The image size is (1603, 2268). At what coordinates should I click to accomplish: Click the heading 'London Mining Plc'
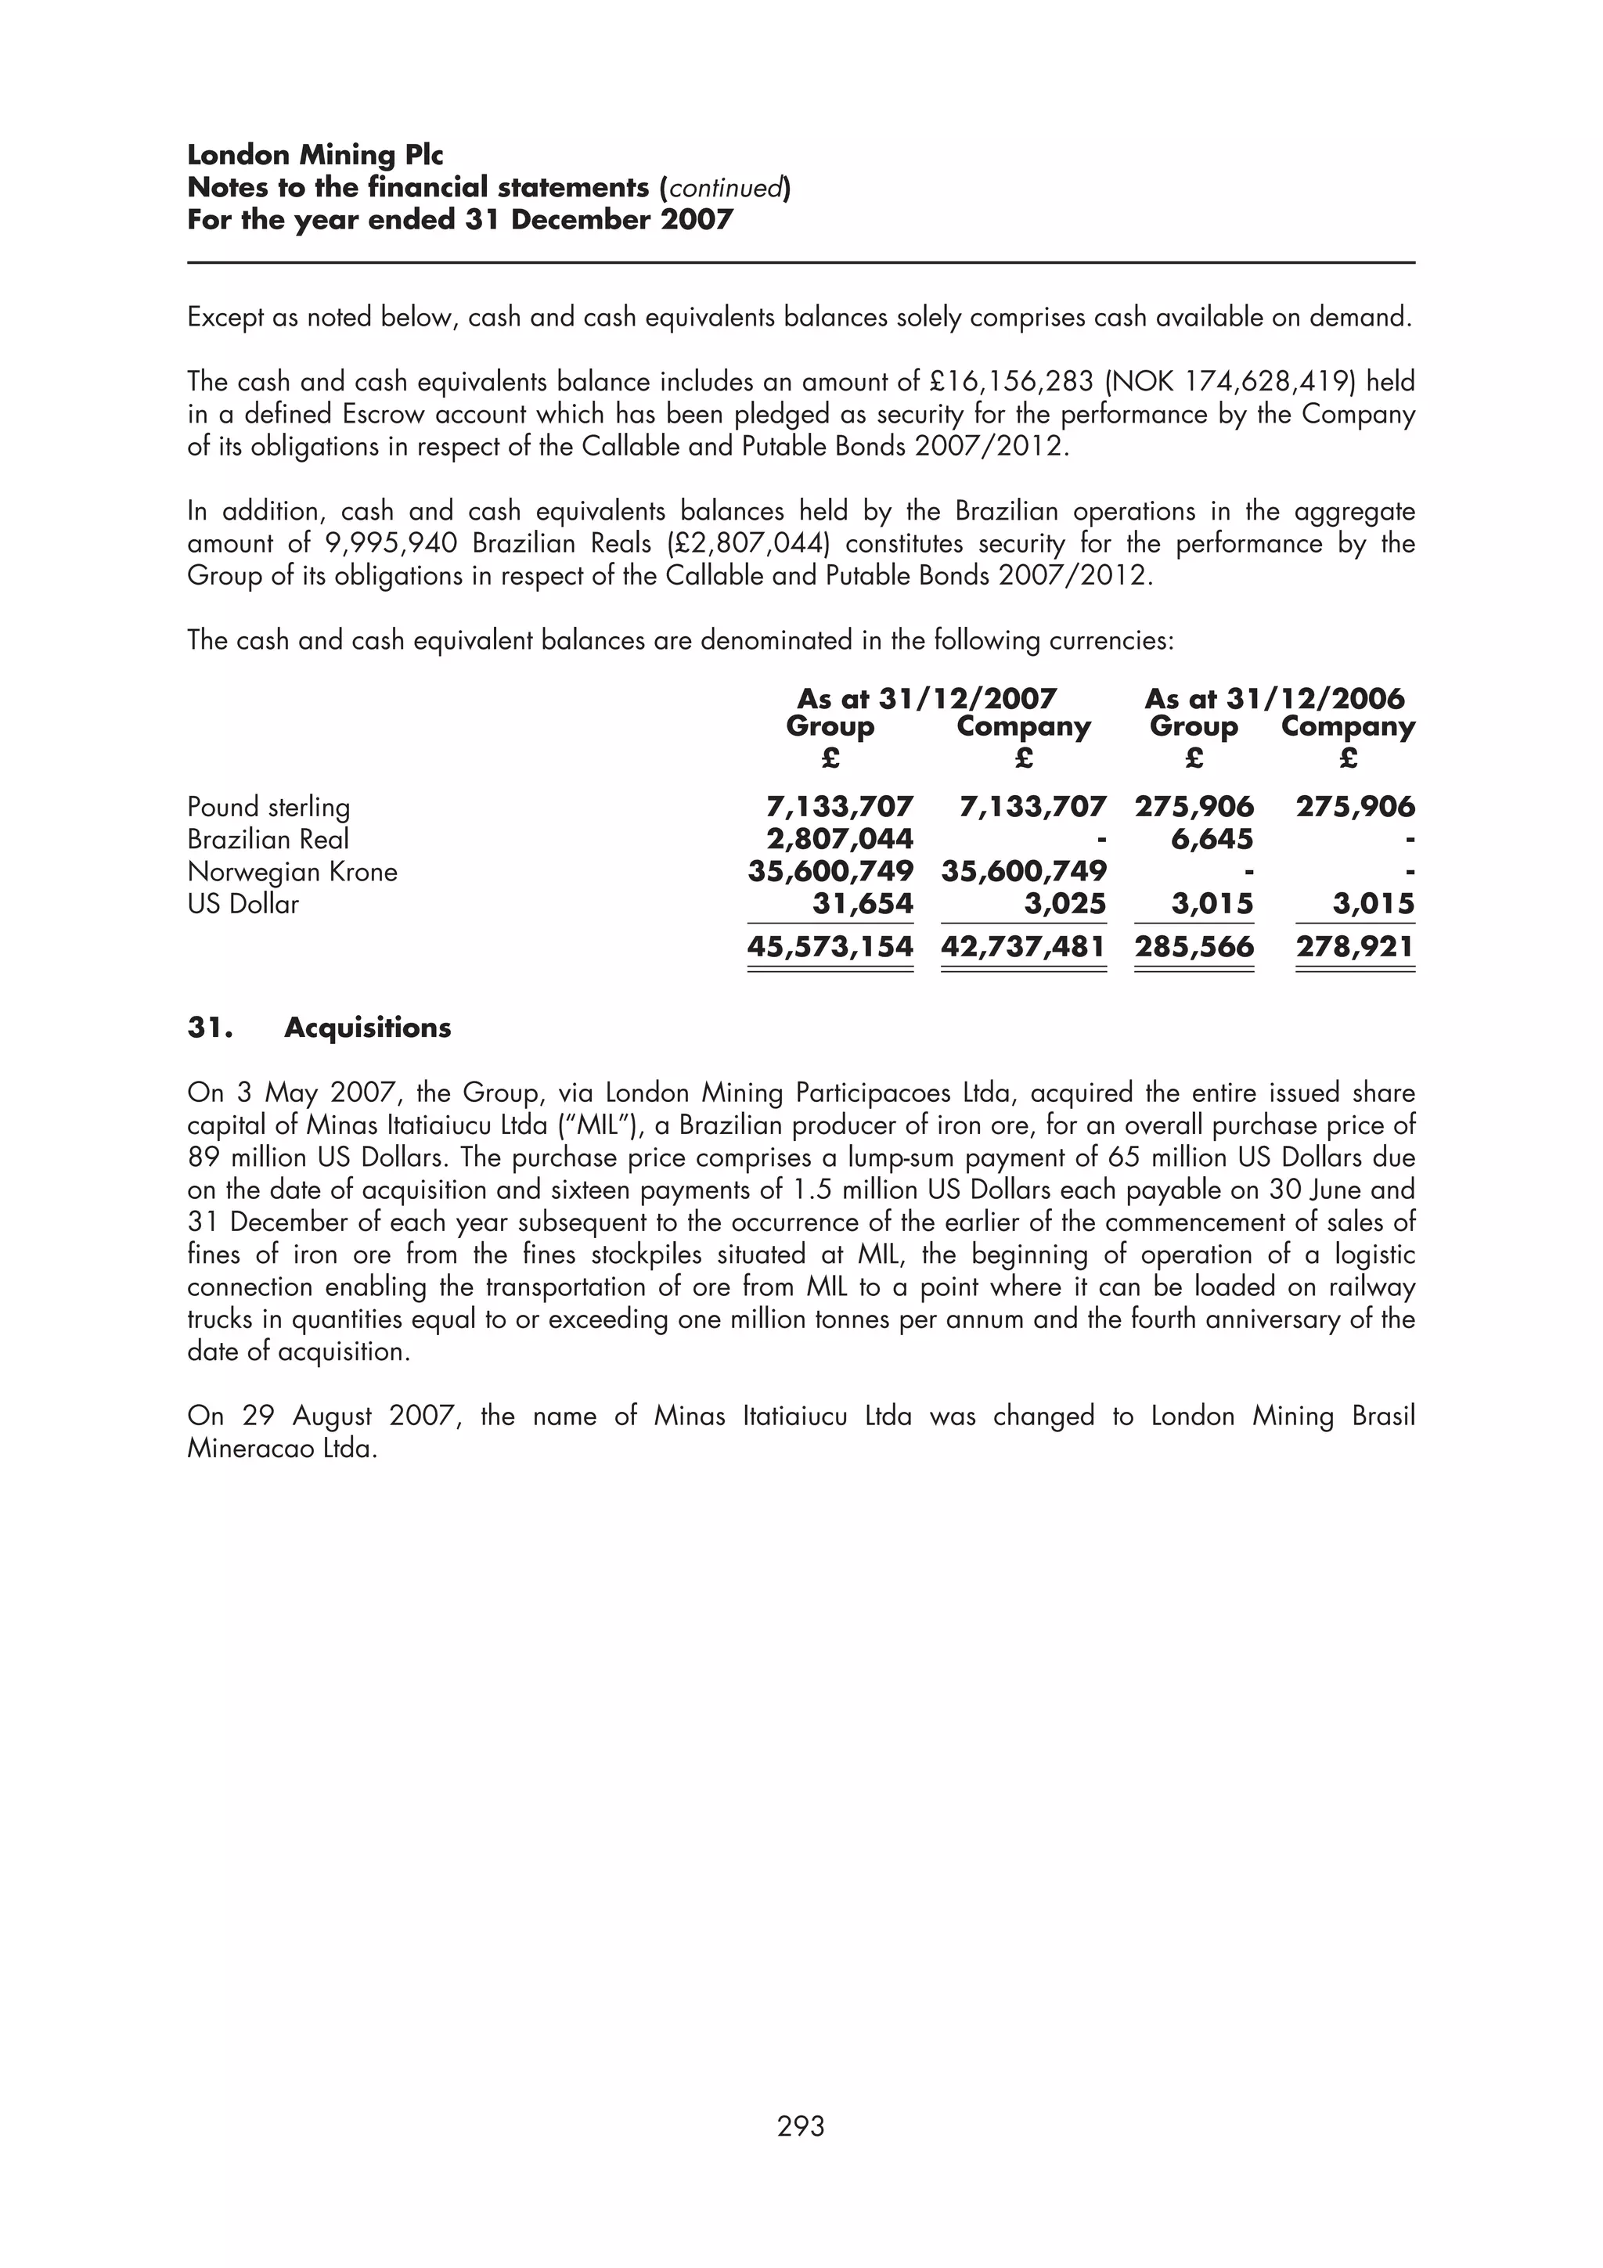tap(315, 155)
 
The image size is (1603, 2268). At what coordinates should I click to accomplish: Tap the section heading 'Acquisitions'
tap(367, 1028)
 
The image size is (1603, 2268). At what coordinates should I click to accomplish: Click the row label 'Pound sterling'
tap(268, 807)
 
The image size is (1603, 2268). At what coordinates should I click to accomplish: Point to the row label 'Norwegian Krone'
tap(293, 873)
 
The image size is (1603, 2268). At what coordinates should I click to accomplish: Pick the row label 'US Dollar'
tap(243, 904)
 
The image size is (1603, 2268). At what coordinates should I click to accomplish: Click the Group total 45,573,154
tap(830, 946)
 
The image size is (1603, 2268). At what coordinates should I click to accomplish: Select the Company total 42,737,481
tap(1023, 946)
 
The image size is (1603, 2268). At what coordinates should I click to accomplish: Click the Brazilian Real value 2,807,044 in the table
tap(840, 840)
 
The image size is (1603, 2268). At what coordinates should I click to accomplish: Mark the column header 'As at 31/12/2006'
tap(1273, 700)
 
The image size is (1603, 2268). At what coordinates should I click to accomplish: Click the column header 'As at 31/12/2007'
tap(927, 700)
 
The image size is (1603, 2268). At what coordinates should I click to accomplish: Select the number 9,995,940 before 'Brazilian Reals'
tap(391, 543)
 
